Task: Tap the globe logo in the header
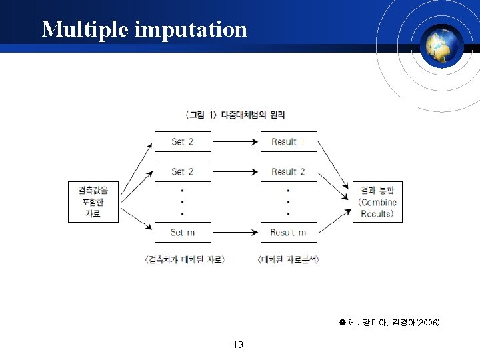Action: point(444,45)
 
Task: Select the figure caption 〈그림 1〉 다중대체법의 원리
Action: point(235,115)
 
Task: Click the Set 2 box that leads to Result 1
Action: point(183,141)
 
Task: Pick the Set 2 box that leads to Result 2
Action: point(183,171)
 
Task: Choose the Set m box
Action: point(183,232)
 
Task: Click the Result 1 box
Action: point(288,141)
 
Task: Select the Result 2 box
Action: point(288,171)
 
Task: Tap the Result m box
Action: point(288,232)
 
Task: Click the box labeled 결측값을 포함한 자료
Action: point(93,201)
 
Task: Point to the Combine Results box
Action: point(377,202)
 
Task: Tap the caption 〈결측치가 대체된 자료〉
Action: point(185,259)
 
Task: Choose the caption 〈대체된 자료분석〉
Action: point(288,259)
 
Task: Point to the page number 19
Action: point(238,345)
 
